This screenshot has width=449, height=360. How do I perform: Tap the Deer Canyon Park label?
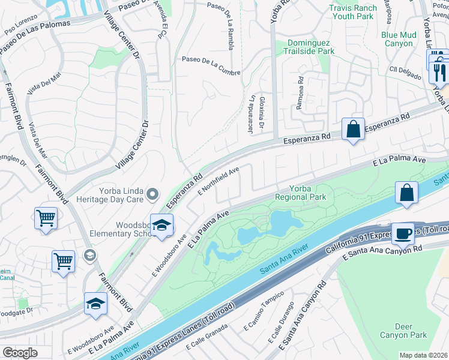tap(403, 331)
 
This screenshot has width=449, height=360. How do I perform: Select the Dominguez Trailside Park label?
tap(310, 47)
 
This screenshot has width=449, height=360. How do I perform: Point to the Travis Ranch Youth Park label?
tap(353, 12)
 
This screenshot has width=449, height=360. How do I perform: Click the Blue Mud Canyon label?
tap(397, 39)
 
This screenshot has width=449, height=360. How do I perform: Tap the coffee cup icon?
tap(402, 233)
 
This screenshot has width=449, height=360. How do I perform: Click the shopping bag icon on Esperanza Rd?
tap(352, 128)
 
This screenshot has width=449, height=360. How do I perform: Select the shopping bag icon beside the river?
tap(406, 193)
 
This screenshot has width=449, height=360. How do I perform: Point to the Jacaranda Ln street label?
tap(253, 107)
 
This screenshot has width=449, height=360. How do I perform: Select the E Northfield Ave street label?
tap(218, 180)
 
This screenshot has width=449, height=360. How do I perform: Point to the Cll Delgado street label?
tap(403, 69)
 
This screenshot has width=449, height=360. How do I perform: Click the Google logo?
tap(20, 352)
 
